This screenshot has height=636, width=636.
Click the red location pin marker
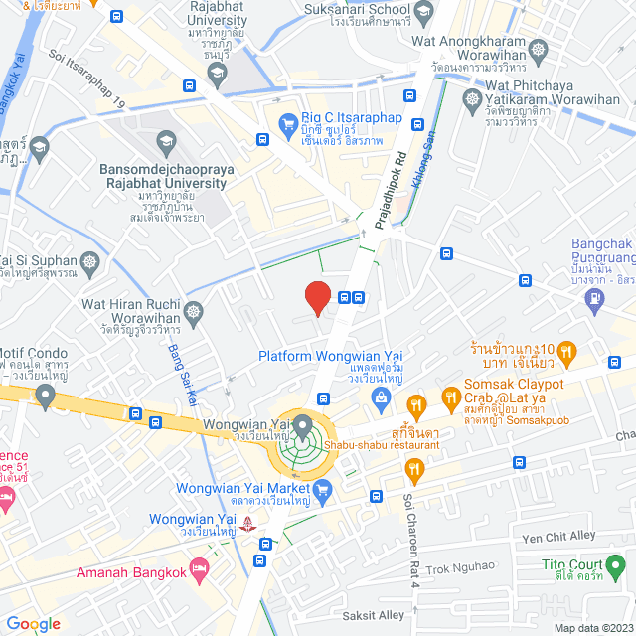[x=317, y=297]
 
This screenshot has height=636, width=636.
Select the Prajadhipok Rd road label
[x=397, y=185]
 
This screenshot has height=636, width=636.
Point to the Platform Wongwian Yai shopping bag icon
[x=379, y=397]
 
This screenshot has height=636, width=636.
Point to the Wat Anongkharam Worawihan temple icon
[x=539, y=49]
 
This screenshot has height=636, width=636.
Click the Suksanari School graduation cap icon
[x=422, y=14]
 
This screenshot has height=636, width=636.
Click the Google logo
[x=33, y=623]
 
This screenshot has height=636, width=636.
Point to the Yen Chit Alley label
[x=558, y=538]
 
